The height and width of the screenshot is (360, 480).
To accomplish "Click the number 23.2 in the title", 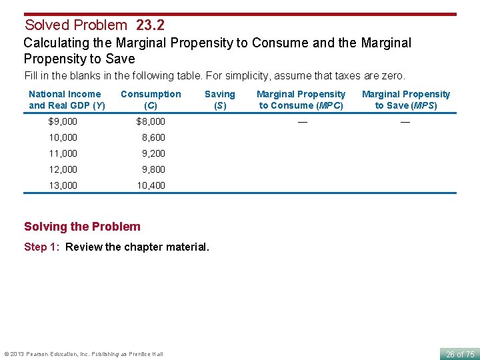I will coord(150,25).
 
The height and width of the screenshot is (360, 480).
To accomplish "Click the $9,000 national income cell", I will coord(63,121).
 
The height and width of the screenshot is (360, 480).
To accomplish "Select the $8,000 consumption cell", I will coord(151,121).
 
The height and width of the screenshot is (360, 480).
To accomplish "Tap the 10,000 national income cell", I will coord(63,137).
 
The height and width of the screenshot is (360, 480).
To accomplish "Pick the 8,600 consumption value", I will coord(153,137).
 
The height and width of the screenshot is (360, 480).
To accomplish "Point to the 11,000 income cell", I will coord(63,153).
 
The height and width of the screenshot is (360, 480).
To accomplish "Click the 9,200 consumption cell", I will coord(153,153).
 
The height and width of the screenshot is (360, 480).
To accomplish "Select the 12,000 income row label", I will coord(63,169).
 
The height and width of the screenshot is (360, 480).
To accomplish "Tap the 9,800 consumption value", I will coord(153,169).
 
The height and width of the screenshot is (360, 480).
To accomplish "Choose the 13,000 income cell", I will coord(63,185).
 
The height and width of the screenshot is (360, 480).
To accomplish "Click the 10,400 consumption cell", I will coord(151,185).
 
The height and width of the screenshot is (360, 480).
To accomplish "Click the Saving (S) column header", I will coord(219,99).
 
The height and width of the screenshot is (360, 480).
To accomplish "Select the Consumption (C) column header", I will coord(151,99).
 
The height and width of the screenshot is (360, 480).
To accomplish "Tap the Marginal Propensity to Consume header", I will coord(301,99).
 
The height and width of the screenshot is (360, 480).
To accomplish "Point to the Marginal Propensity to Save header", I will coord(406,99).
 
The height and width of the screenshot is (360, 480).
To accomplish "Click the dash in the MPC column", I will coord(303,121).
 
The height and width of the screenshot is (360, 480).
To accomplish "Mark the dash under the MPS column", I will coord(405,121).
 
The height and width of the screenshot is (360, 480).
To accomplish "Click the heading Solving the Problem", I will coord(82,227).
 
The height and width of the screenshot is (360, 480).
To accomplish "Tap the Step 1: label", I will coord(44,247).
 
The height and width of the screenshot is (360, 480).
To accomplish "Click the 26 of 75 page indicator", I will coord(460,354).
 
